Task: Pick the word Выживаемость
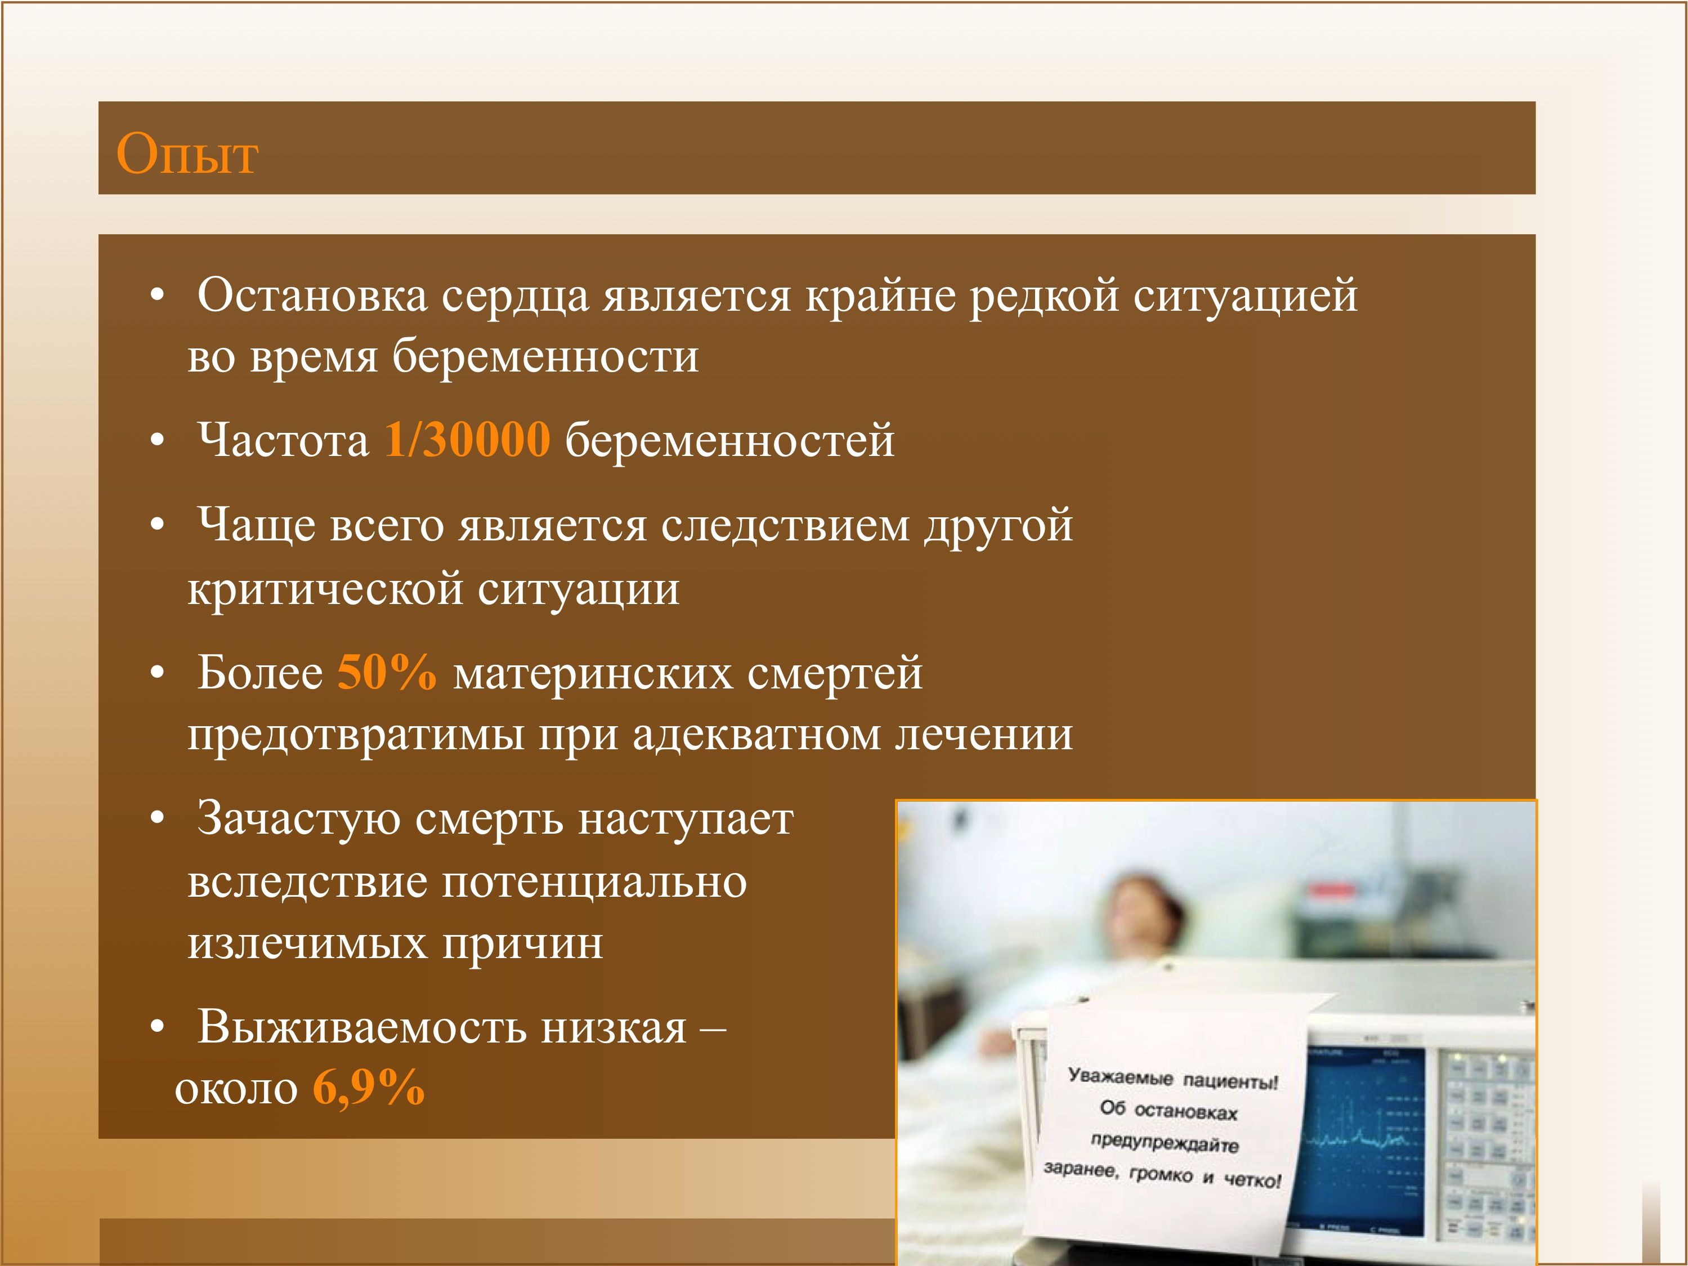(362, 1027)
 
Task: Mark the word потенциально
(595, 882)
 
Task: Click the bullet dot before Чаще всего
(157, 526)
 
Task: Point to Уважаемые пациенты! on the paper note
(1173, 1079)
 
